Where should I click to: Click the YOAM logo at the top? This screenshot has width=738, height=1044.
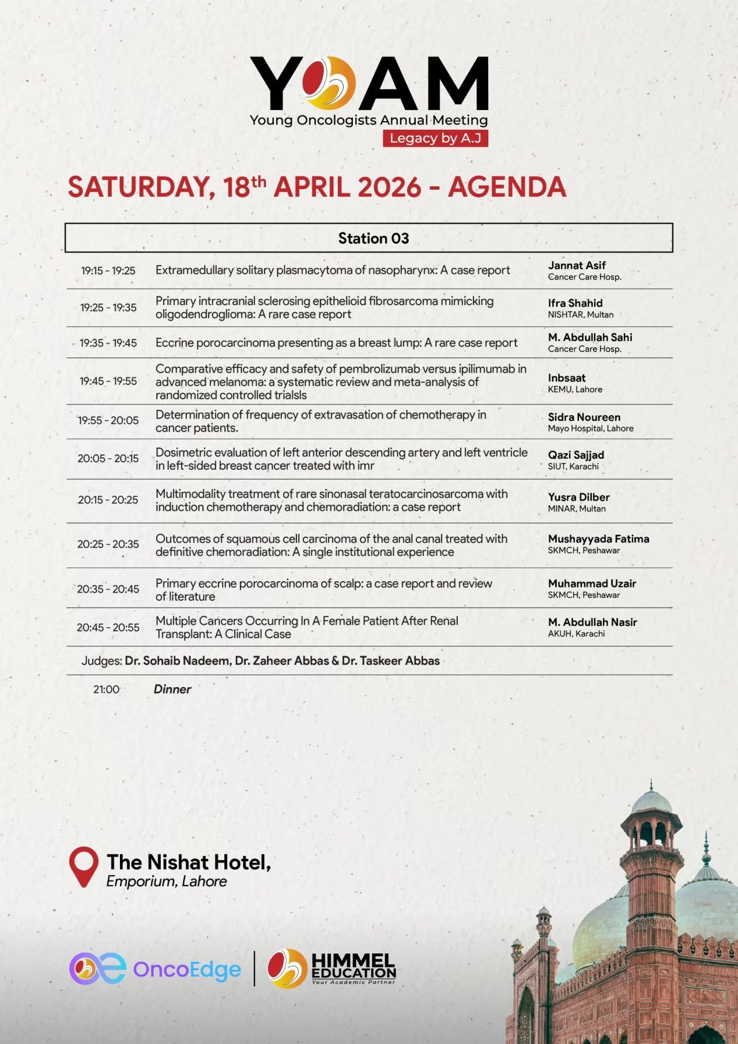tap(369, 84)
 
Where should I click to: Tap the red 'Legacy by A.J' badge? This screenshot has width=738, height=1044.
tap(435, 138)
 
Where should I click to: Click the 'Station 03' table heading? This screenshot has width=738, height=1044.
tap(373, 238)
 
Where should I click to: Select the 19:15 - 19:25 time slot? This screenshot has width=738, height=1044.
tap(108, 270)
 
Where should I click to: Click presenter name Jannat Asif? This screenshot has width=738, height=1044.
tap(577, 265)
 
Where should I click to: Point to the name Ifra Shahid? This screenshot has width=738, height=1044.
tap(575, 303)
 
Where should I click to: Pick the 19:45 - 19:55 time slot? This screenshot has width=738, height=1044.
tap(108, 381)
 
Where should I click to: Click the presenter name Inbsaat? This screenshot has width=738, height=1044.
tap(566, 378)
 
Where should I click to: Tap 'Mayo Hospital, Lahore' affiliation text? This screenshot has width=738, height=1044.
tap(590, 428)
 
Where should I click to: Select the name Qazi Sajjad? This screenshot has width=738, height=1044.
tap(575, 455)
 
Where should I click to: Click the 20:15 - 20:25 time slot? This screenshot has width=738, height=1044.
tap(108, 500)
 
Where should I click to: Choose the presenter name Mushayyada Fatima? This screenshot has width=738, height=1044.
tap(598, 538)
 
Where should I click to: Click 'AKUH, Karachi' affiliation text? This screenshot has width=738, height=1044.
tap(576, 634)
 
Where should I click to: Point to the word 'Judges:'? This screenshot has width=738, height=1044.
tap(101, 661)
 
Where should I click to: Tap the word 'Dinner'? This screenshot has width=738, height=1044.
tap(172, 689)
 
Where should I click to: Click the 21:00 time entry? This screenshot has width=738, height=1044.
tap(106, 689)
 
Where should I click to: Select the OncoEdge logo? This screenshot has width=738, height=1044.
tap(155, 969)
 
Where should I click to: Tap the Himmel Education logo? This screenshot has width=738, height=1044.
tap(332, 968)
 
